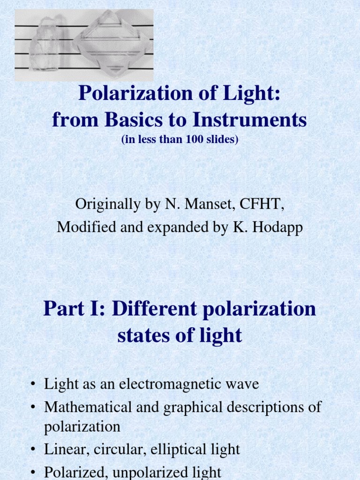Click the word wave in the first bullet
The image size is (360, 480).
(244, 384)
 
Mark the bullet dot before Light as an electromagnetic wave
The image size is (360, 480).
(33, 385)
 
